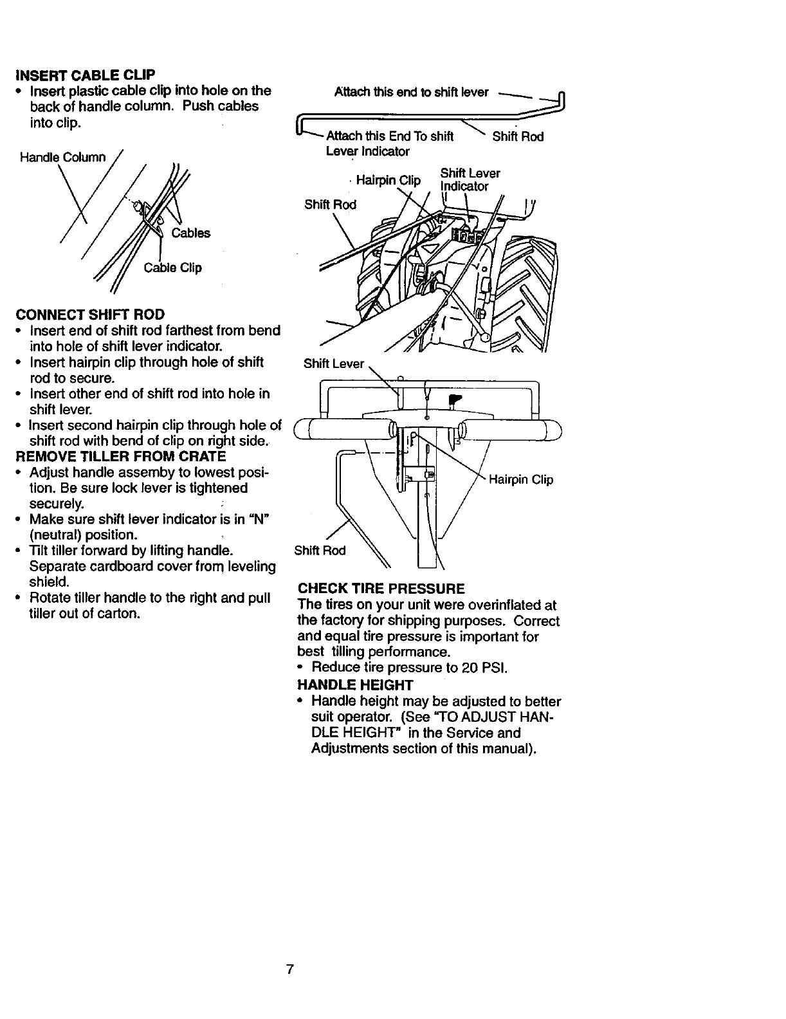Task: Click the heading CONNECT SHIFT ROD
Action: point(91,315)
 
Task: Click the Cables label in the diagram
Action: point(190,233)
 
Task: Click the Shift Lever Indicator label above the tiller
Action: point(470,179)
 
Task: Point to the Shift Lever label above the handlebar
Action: point(333,363)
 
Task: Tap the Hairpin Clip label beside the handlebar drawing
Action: point(521,480)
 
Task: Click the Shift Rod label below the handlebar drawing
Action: point(320,551)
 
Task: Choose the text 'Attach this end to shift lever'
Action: point(412,92)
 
